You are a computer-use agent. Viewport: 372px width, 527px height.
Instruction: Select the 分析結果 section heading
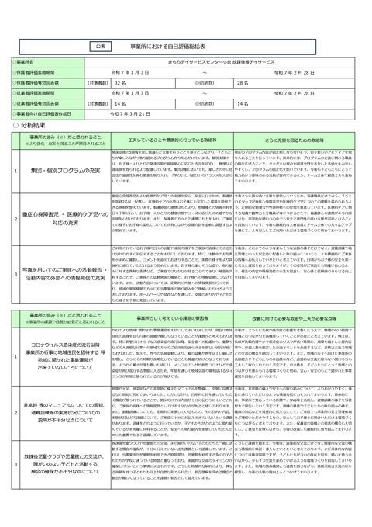tap(30, 124)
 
